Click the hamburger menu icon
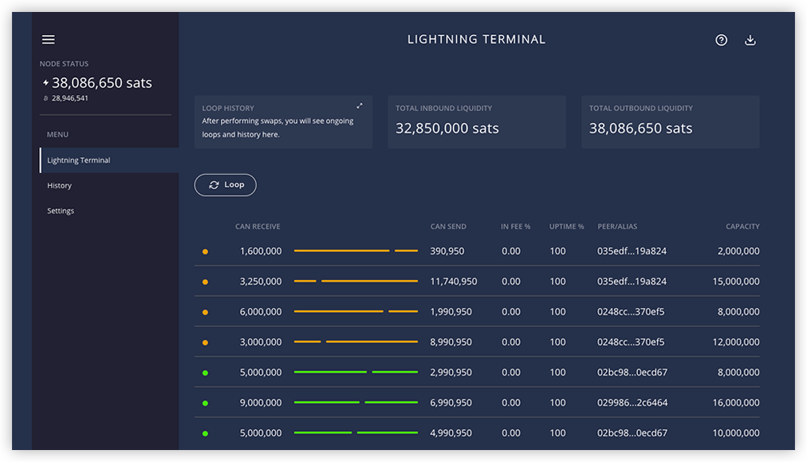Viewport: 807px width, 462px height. pyautogui.click(x=49, y=40)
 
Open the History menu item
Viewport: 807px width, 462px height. pyautogui.click(x=59, y=185)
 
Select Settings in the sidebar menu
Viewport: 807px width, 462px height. pyautogui.click(x=61, y=211)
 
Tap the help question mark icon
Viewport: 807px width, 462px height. pyautogui.click(x=721, y=40)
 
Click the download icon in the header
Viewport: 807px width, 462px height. pyautogui.click(x=750, y=40)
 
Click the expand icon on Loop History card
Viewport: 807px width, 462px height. pyautogui.click(x=359, y=106)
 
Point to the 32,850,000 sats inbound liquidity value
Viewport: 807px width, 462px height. pyautogui.click(x=447, y=128)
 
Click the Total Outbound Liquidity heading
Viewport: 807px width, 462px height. pyautogui.click(x=641, y=109)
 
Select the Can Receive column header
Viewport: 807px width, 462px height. pyautogui.click(x=258, y=227)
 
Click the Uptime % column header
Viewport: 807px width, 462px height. pyautogui.click(x=566, y=227)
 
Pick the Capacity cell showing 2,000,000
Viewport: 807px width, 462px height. pyautogui.click(x=738, y=251)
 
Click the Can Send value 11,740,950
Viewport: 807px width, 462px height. pyautogui.click(x=454, y=282)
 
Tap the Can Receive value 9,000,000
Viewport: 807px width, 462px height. pyautogui.click(x=261, y=403)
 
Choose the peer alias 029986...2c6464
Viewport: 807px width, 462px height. pyautogui.click(x=632, y=403)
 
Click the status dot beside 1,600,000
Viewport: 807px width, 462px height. pyautogui.click(x=206, y=252)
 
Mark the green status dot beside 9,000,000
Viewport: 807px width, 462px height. pyautogui.click(x=206, y=403)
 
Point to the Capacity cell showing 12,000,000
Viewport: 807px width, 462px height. pyautogui.click(x=736, y=342)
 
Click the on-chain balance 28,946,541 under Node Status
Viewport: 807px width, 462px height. pyautogui.click(x=69, y=98)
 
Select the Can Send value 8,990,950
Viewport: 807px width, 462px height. pyautogui.click(x=451, y=342)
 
